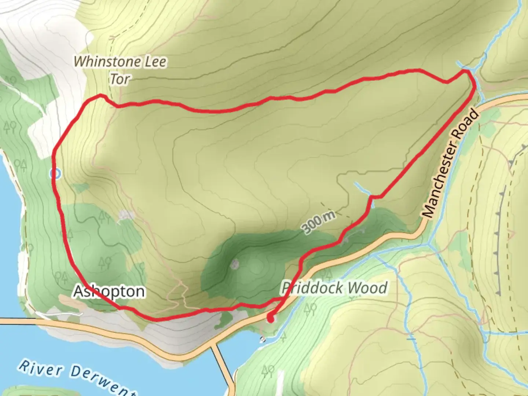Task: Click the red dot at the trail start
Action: [271, 318]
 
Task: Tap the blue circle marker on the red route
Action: [55, 174]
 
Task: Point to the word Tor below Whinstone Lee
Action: [120, 79]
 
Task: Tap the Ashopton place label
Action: [109, 291]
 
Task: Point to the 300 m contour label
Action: [318, 222]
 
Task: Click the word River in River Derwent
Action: [41, 369]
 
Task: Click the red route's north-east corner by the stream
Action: [469, 73]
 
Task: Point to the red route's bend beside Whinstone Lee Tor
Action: [100, 96]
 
